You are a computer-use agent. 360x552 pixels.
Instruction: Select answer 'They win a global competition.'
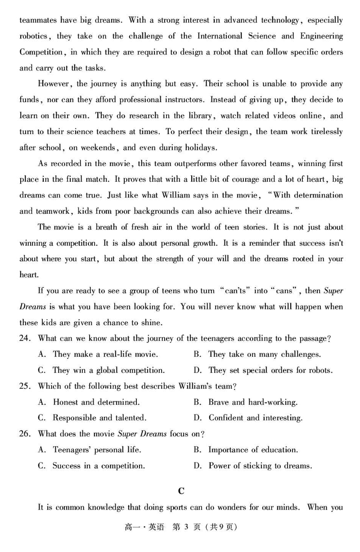point(108,370)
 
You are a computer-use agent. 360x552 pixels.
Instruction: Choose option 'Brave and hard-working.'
point(252,402)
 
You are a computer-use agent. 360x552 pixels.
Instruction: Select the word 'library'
point(199,116)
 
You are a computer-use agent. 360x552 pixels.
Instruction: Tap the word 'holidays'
point(200,147)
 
